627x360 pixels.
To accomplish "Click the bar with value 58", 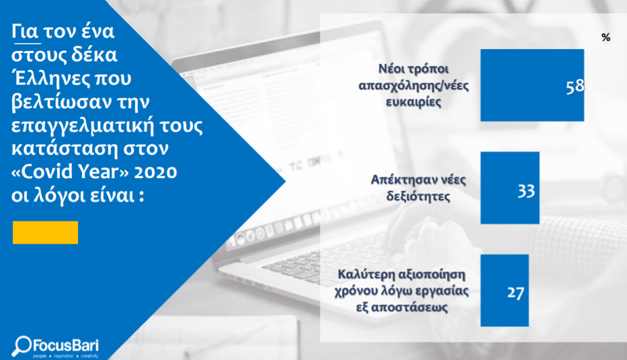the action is [x=532, y=85].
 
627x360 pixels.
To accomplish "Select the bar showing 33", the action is [x=510, y=188].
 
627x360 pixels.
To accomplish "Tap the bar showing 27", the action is [x=505, y=290].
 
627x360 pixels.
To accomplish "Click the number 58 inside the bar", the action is [x=575, y=87].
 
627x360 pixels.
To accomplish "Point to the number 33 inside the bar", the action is [x=526, y=191].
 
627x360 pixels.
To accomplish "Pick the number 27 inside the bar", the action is [x=515, y=293].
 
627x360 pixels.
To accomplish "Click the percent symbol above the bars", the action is [x=605, y=38].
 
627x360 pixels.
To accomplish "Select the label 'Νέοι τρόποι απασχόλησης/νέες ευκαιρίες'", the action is [x=413, y=85].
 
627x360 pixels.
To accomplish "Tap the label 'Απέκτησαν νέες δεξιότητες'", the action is [x=418, y=188].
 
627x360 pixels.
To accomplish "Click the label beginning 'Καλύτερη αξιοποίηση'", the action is [x=402, y=290].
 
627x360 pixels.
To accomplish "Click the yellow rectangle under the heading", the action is [x=45, y=232].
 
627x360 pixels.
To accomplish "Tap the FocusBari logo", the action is [x=55, y=347].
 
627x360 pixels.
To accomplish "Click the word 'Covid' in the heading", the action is [x=49, y=172].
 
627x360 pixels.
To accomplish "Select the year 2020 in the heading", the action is [x=155, y=172].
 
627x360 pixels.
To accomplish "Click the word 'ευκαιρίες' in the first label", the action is [x=413, y=101].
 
